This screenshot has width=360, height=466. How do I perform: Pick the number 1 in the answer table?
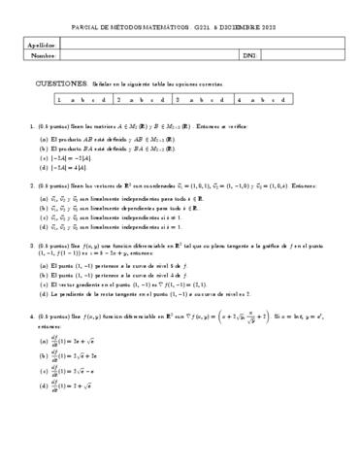[x=60, y=99]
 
